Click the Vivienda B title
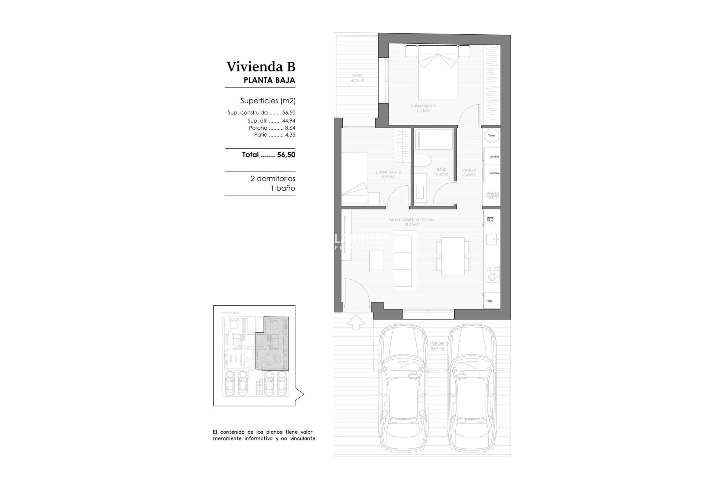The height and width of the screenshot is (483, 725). (261, 67)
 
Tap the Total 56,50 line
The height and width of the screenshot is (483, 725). (268, 155)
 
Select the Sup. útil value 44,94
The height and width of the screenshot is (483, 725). (288, 121)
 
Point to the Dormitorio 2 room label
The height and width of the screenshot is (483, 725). (388, 174)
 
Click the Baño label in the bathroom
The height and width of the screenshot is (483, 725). (441, 172)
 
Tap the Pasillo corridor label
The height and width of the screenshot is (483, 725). (469, 172)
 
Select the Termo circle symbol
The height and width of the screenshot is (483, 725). (491, 135)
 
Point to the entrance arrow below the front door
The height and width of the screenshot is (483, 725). (356, 321)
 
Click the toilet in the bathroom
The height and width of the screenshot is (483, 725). (423, 161)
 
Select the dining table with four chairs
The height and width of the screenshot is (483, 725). (453, 256)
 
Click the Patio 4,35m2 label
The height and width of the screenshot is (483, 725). (357, 78)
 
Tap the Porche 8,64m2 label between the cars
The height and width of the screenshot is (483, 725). (437, 346)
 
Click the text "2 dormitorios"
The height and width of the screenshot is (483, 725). (273, 178)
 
